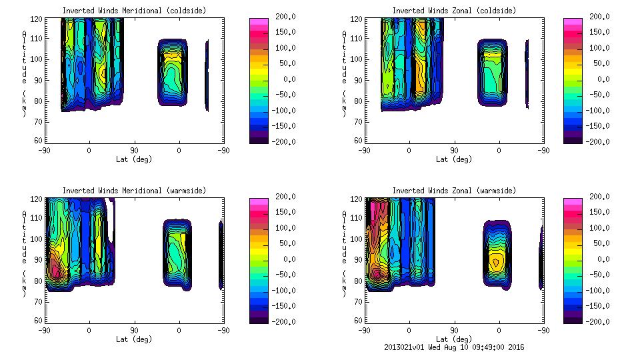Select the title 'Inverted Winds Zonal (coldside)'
pos(454,11)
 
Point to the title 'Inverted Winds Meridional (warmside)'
pos(134,191)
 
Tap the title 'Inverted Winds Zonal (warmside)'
pos(454,191)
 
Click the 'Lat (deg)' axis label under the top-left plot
pos(134,159)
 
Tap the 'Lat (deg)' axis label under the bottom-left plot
pos(134,339)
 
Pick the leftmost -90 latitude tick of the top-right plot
pos(364,151)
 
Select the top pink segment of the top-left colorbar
pos(259,22)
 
